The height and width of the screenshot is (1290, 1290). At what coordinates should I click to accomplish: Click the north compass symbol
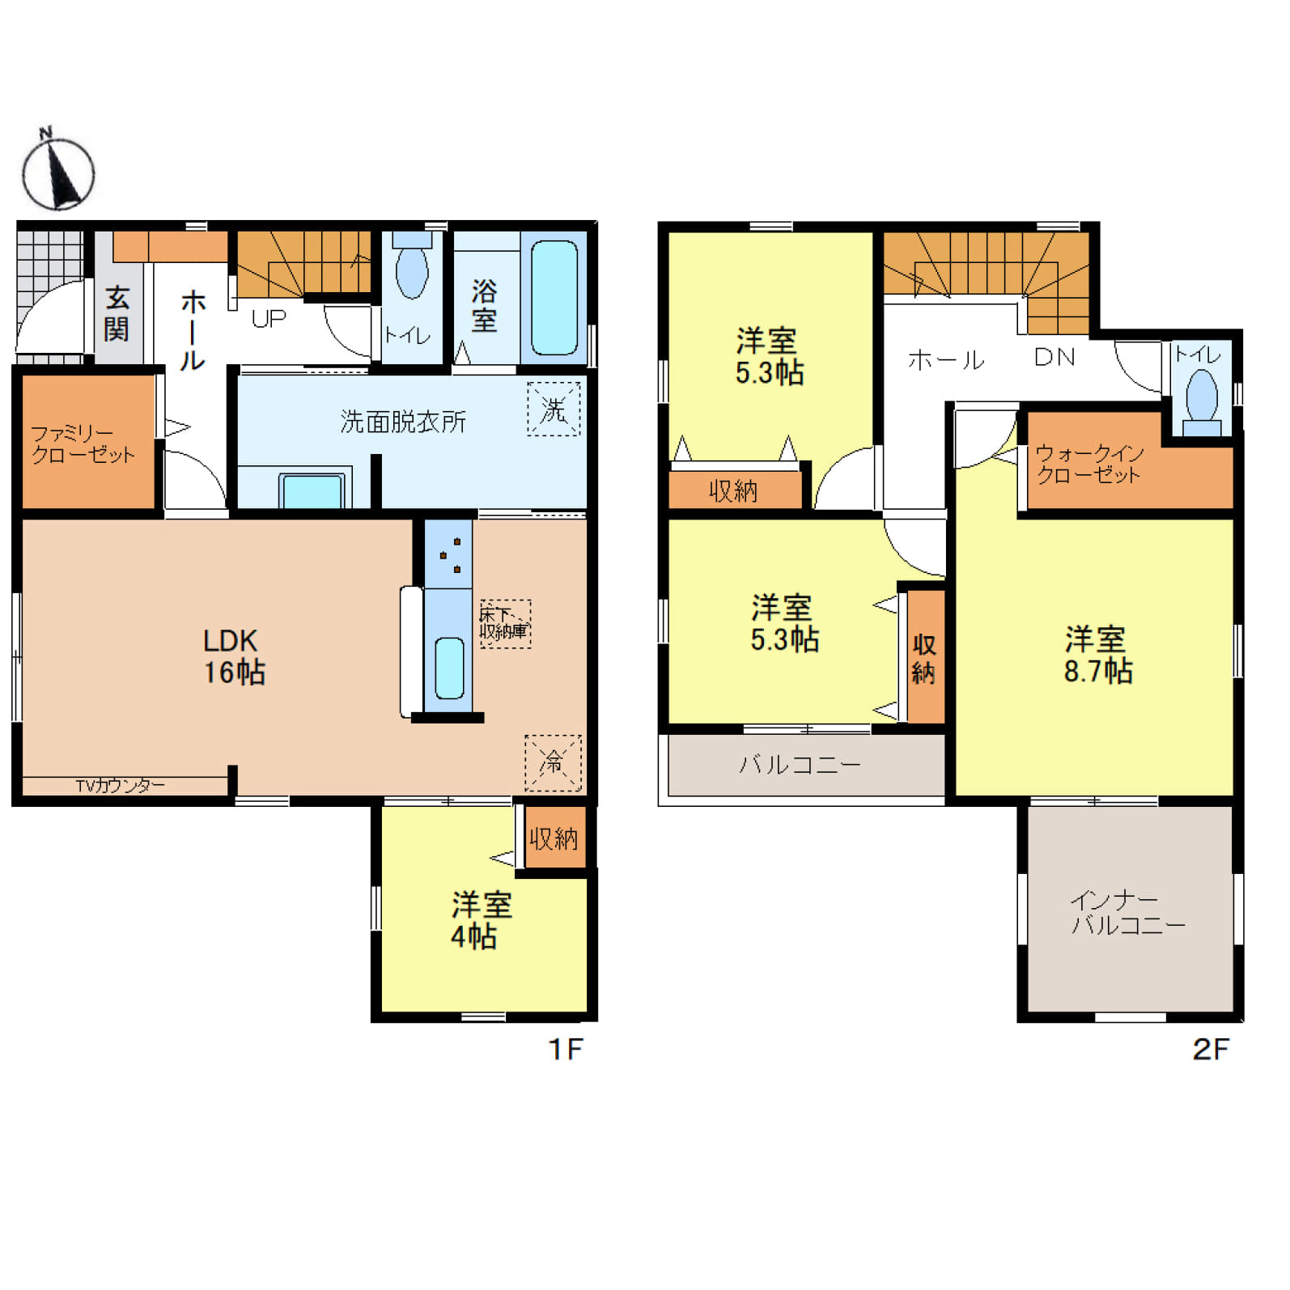57,171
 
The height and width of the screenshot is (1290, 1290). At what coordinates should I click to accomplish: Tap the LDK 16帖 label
234,656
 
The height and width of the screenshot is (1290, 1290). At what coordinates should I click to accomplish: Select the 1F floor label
565,1050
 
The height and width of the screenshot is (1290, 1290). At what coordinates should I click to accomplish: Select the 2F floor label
1210,1050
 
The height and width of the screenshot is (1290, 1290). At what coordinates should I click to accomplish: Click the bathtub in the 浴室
554,298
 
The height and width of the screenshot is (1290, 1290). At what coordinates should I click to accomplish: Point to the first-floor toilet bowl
412,272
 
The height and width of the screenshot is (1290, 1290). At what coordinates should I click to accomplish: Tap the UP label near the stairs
269,319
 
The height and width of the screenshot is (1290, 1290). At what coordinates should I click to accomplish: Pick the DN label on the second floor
1054,357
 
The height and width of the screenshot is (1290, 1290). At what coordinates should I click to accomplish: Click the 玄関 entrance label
117,313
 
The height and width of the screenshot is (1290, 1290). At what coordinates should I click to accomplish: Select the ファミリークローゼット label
83,444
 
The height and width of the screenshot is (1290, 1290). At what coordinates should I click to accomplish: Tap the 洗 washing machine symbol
554,409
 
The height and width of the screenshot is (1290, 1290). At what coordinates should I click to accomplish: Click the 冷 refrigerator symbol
553,762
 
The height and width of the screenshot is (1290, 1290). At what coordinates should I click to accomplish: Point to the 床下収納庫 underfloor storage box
505,623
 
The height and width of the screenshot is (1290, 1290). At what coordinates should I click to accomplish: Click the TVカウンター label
120,785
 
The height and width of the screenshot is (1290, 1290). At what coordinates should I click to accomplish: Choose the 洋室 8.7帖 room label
1097,655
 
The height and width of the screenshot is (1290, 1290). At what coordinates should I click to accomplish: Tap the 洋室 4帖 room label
480,920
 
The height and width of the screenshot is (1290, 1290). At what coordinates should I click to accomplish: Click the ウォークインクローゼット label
1089,464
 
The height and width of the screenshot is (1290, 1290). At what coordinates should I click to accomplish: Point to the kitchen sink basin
449,668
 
